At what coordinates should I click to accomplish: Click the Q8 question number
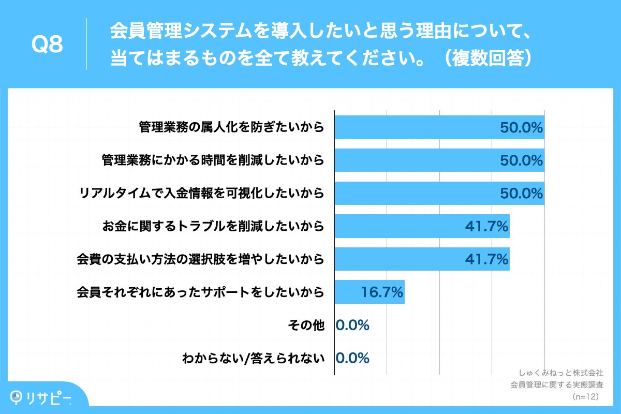[x=47, y=45]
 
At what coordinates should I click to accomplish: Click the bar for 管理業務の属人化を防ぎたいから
[x=414, y=127]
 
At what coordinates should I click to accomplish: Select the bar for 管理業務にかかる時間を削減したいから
[x=414, y=160]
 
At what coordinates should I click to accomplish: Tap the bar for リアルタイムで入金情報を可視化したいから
[x=414, y=193]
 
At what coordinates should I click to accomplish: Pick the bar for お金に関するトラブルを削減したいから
[x=398, y=226]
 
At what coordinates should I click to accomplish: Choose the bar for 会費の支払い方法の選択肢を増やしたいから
[x=398, y=259]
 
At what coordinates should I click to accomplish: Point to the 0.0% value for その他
[x=352, y=326]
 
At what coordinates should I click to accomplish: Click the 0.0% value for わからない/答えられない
[x=352, y=358]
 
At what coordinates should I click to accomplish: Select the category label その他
[x=306, y=326]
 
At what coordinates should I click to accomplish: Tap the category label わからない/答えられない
[x=253, y=358]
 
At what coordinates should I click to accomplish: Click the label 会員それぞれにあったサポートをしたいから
[x=200, y=292]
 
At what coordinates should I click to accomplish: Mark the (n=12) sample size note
[x=585, y=396]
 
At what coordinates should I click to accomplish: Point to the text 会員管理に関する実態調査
[x=557, y=385]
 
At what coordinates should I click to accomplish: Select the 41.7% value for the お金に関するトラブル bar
[x=486, y=226]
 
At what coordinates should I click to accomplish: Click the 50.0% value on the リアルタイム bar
[x=521, y=193]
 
